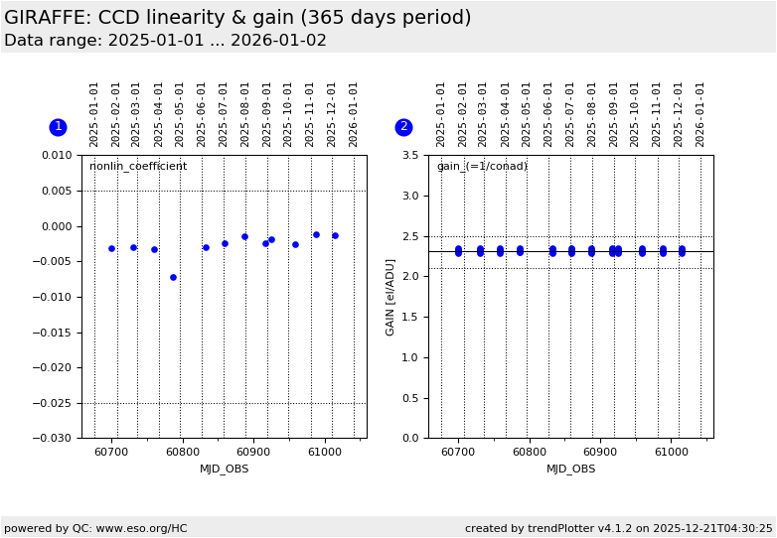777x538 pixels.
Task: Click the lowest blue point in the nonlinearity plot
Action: coord(173,277)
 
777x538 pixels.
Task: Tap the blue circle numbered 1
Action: coord(58,127)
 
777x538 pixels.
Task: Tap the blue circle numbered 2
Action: coord(403,127)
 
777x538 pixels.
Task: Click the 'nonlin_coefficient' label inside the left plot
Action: coord(138,167)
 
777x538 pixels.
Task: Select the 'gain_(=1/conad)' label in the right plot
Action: coord(482,167)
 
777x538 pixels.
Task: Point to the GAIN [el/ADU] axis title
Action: coord(390,297)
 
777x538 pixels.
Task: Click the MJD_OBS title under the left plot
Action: coord(225,470)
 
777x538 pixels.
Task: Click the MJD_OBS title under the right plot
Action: coord(571,470)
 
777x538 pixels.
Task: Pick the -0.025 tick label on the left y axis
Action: coord(55,403)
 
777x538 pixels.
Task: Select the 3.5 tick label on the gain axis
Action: coord(409,156)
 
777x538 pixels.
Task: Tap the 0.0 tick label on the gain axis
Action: coord(409,439)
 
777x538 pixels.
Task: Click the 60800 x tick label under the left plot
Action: coord(183,453)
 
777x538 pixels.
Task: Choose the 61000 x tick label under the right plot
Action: coord(671,453)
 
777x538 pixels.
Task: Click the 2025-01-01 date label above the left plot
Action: coord(94,114)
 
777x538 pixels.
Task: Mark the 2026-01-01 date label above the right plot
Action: coord(700,114)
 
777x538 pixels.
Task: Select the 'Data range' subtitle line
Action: coord(165,41)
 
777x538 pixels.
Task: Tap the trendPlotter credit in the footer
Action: coord(618,528)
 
